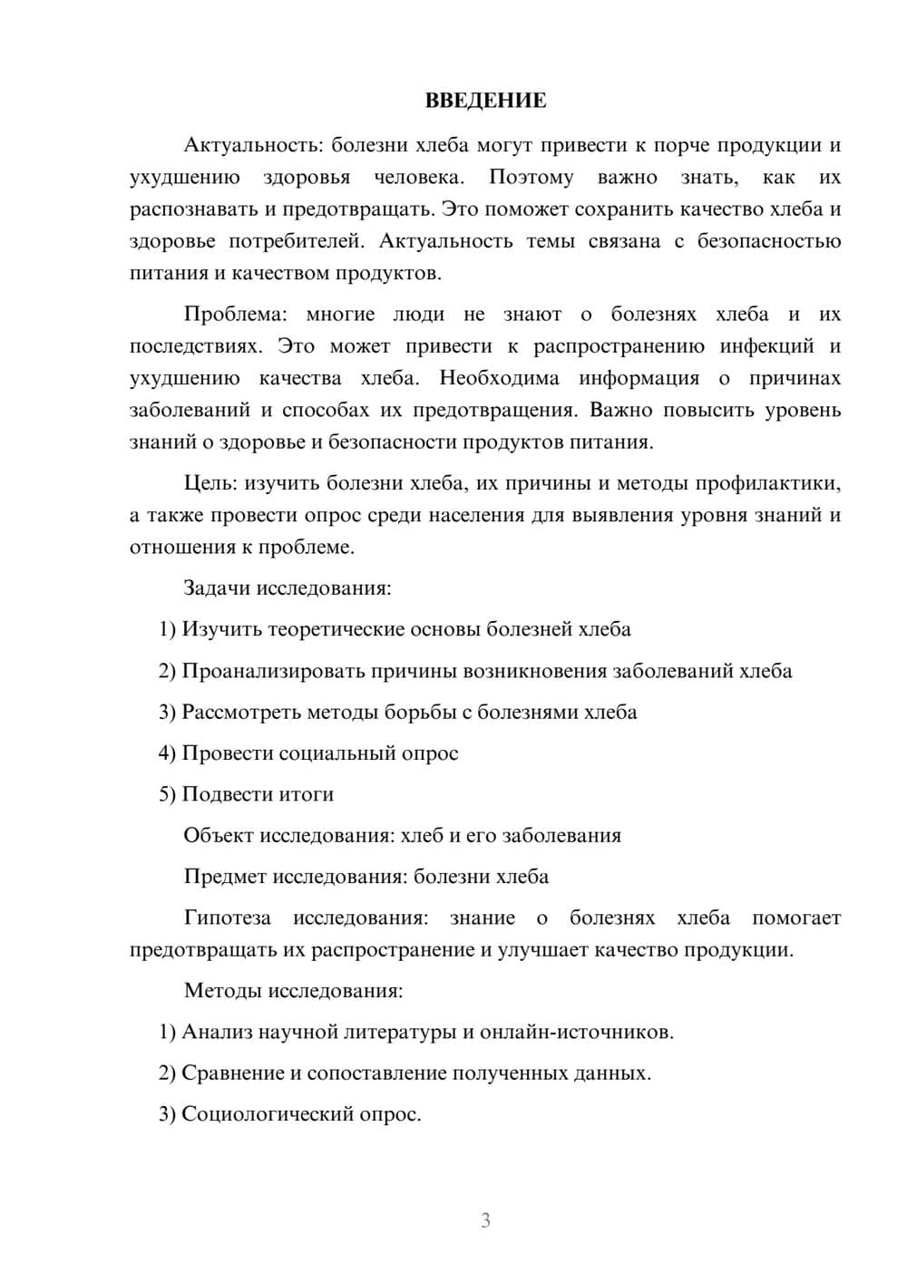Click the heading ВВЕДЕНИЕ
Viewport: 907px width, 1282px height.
coord(485,101)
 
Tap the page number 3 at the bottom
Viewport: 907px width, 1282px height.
coord(485,1220)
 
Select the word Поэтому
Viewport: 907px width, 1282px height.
coord(531,177)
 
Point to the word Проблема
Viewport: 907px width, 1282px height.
coord(234,315)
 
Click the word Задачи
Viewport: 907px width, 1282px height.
coord(217,588)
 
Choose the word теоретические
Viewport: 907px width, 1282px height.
coord(335,629)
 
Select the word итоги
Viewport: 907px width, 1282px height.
coord(308,794)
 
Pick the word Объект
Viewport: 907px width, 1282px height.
coord(218,835)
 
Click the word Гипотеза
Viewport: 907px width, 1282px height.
coord(227,918)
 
